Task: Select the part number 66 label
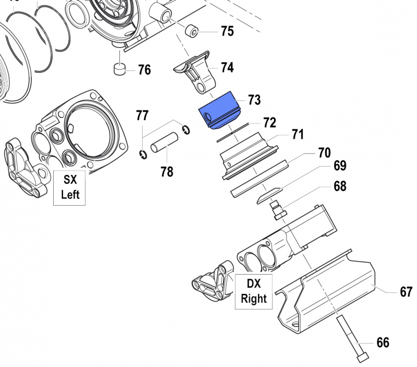click(x=382, y=342)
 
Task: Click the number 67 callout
click(x=406, y=292)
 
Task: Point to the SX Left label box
click(x=70, y=187)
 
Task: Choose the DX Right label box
click(x=253, y=291)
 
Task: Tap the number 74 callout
click(x=227, y=67)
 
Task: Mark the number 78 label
click(x=167, y=171)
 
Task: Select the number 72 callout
click(x=269, y=123)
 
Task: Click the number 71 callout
click(x=297, y=135)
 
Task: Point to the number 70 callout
click(x=324, y=153)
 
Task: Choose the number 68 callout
click(x=340, y=186)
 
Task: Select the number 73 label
click(x=254, y=99)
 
